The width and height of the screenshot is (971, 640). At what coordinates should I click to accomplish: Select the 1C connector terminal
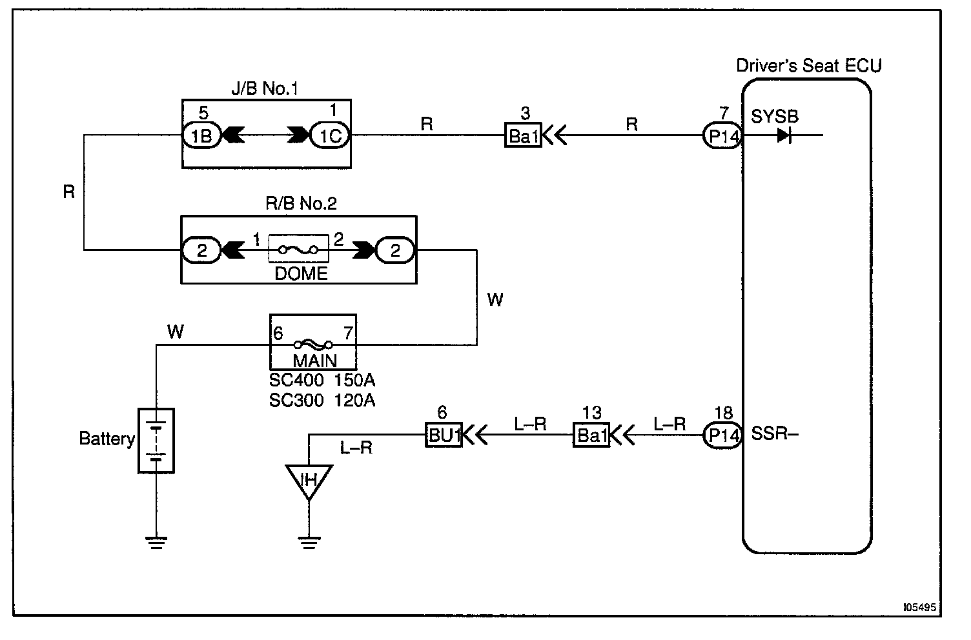click(330, 135)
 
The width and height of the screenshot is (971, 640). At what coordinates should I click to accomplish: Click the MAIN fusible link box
click(313, 342)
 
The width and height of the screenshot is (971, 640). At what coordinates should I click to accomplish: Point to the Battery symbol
click(156, 441)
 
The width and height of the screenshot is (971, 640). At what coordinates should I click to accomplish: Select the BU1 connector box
click(444, 435)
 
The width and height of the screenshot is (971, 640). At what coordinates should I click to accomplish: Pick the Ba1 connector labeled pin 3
click(524, 136)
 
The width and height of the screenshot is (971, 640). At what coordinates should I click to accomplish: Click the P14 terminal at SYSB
click(722, 136)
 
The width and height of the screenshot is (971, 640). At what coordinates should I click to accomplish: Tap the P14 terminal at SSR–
click(723, 435)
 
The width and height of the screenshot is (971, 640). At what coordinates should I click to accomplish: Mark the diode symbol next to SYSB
click(784, 136)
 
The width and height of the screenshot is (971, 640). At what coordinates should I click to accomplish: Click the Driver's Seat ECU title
click(809, 66)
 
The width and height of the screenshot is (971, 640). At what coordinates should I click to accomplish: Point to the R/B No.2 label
click(302, 204)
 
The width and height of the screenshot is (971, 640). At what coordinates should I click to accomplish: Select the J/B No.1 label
click(265, 88)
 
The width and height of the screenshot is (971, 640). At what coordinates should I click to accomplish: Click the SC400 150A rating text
click(322, 381)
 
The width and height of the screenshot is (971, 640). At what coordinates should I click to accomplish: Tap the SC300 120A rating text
click(322, 401)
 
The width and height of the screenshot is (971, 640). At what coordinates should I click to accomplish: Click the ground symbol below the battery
click(156, 541)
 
